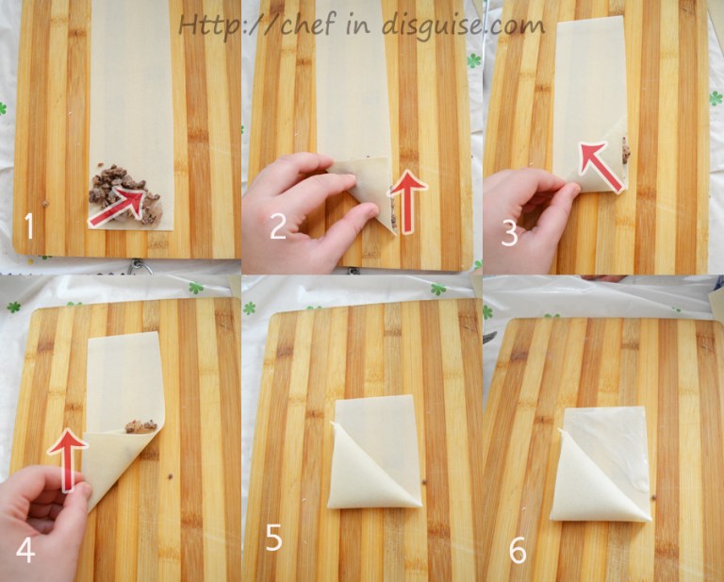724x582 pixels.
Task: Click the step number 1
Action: pos(29,225)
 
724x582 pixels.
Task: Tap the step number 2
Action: pos(277,227)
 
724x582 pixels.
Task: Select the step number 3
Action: pos(509,233)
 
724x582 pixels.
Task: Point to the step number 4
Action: pos(25,550)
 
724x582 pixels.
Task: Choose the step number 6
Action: pos(518,551)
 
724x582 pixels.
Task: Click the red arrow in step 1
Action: pos(118,207)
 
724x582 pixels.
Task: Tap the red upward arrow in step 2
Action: pos(407,202)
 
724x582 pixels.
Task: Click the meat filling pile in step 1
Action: pos(124,194)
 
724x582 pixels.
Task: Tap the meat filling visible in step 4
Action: pos(140,425)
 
